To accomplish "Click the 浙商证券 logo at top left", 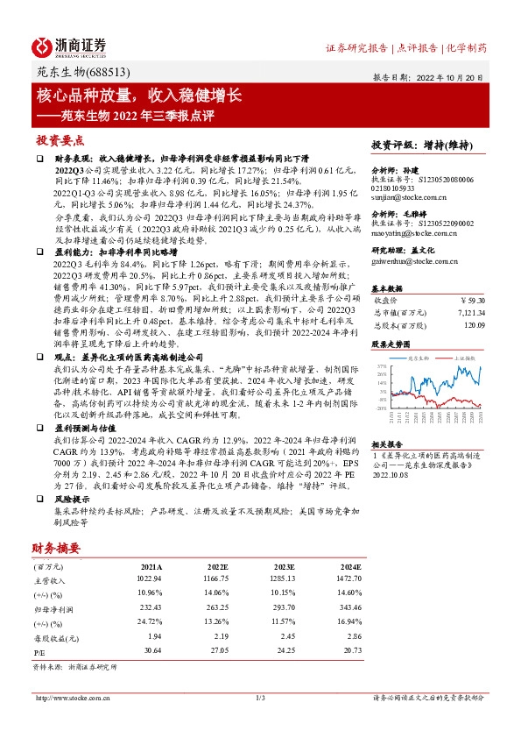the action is (x=70, y=46).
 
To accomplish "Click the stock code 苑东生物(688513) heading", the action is (x=81, y=74).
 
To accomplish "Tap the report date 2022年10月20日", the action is (x=447, y=76).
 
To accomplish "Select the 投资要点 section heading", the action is (x=60, y=140).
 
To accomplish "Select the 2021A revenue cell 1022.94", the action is (x=151, y=579).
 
